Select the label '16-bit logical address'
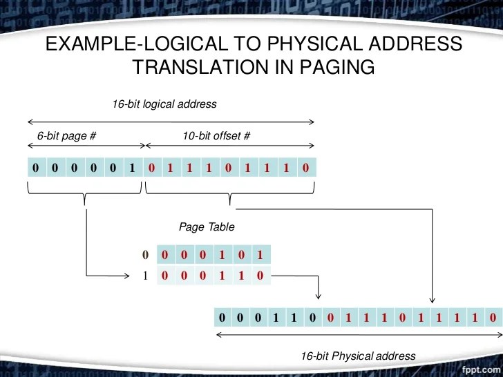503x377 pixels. [164, 104]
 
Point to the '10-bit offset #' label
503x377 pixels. [216, 135]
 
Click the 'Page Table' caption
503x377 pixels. [207, 226]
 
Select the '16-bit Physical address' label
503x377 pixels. [358, 356]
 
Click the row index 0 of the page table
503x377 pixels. [146, 254]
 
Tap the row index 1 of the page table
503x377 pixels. [146, 275]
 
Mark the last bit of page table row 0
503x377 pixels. [259, 254]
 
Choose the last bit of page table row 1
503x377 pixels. [259, 275]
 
